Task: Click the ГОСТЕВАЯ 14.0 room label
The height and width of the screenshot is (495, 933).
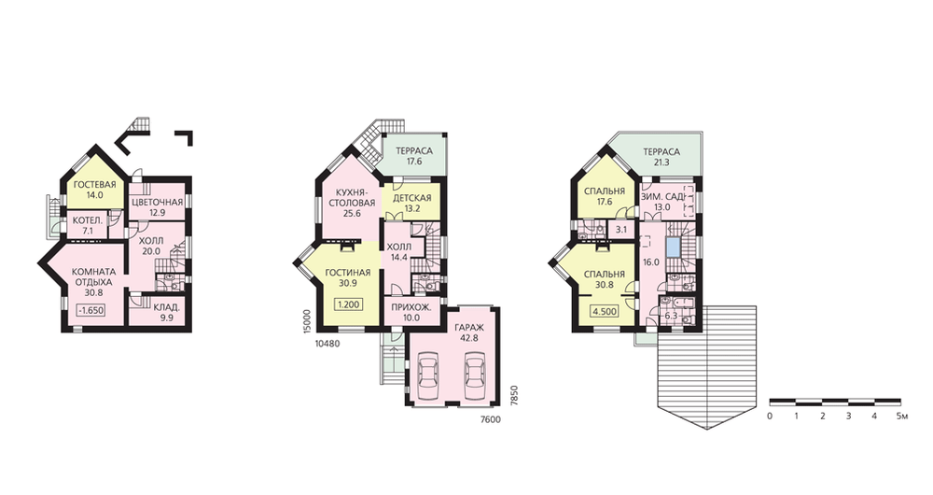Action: (x=94, y=190)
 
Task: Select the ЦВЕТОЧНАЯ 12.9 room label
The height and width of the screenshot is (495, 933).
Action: (x=157, y=207)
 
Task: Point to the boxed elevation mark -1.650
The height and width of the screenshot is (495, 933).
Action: (x=91, y=310)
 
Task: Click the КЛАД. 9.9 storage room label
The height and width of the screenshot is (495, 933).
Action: (x=166, y=314)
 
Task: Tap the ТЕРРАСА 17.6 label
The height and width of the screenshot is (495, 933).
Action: (x=414, y=156)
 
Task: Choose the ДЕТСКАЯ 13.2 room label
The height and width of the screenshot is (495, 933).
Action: (x=412, y=203)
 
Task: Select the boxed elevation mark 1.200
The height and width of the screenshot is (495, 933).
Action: (x=349, y=305)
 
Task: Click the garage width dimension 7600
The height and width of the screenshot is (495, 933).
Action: (x=491, y=419)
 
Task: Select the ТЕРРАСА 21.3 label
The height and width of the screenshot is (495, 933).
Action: (x=661, y=157)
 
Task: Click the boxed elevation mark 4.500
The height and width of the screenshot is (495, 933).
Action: (x=604, y=311)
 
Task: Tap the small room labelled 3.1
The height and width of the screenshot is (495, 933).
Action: (x=621, y=229)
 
